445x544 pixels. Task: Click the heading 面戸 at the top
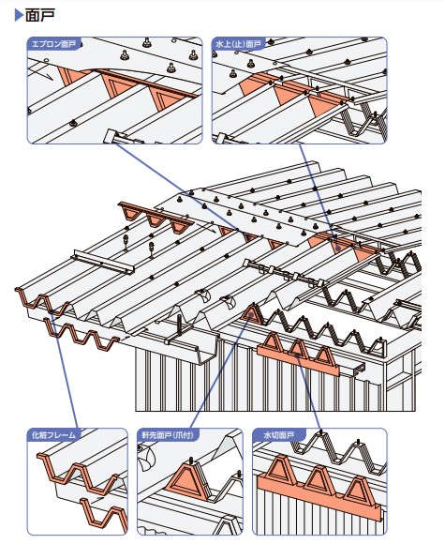pyautogui.click(x=40, y=16)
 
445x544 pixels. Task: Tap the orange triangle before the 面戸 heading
pyautogui.click(x=19, y=15)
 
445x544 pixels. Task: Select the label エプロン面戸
pyautogui.click(x=53, y=44)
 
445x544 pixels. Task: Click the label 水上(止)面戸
pyautogui.click(x=238, y=44)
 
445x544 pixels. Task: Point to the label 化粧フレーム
pyautogui.click(x=53, y=435)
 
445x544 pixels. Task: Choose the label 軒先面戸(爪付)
pyautogui.click(x=168, y=435)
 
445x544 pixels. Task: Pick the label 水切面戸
pyautogui.click(x=278, y=435)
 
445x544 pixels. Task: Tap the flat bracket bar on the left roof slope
pyautogui.click(x=103, y=262)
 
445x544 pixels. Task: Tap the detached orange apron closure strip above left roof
pyautogui.click(x=156, y=218)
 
